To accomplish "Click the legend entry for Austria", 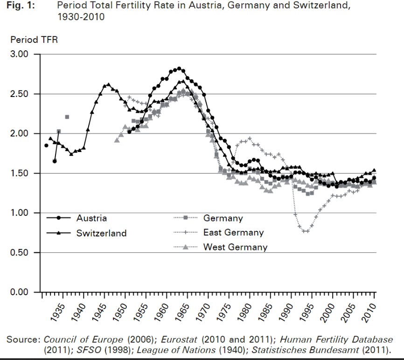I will click(91, 218).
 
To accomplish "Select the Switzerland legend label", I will click(101, 233).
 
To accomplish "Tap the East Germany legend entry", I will click(233, 233).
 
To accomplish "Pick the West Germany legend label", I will click(235, 247).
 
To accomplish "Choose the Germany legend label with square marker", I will click(223, 218).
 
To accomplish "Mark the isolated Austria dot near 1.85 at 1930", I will click(46, 145).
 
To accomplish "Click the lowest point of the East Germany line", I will click(306, 231).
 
